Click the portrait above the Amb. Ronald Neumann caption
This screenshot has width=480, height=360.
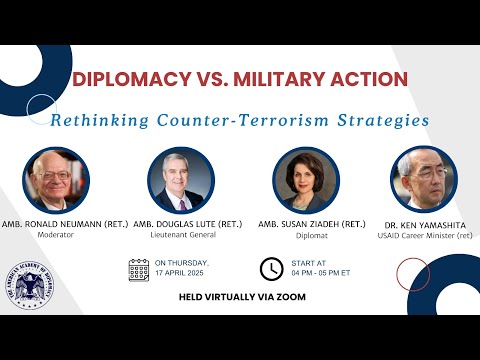pyautogui.click(x=57, y=180)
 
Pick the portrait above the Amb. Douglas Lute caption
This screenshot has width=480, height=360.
pyautogui.click(x=183, y=180)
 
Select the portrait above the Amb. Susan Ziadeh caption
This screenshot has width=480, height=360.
pyautogui.click(x=306, y=180)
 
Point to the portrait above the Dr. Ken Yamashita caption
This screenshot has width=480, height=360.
pyautogui.click(x=423, y=180)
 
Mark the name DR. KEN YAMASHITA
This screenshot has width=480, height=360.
pyautogui.click(x=422, y=227)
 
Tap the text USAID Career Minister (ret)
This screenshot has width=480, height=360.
pyautogui.click(x=422, y=238)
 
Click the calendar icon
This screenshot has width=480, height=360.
pyautogui.click(x=139, y=269)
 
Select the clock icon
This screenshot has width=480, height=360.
pyautogui.click(x=271, y=269)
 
